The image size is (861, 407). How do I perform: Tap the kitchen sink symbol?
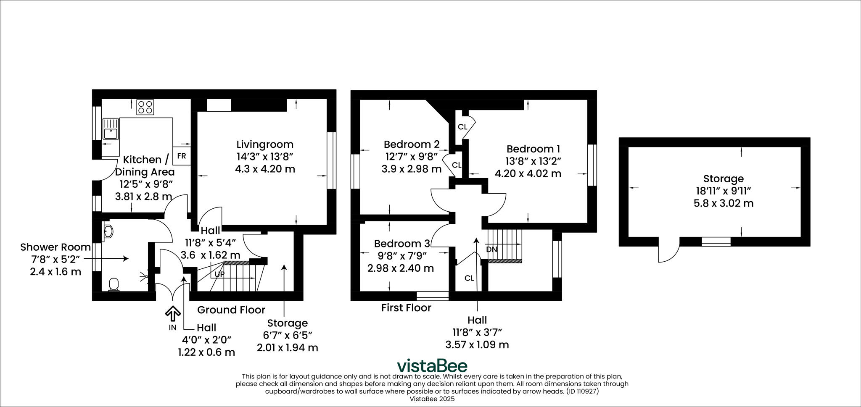pos(111,129)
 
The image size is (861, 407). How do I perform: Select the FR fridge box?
pos(181,156)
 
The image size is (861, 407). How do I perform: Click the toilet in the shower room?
pos(114,284)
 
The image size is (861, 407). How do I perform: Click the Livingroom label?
pos(265,144)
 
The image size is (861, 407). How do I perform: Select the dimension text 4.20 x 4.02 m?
pos(528,173)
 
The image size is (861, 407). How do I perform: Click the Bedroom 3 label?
pos(402,244)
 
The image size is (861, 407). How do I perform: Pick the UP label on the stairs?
pos(219,274)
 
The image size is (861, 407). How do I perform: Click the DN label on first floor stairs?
pos(491,249)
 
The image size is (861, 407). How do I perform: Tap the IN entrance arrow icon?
pos(173,313)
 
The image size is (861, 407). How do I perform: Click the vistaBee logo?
pos(432,365)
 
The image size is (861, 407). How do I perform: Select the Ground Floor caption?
pos(231,310)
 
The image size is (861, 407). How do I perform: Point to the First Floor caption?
pos(406,308)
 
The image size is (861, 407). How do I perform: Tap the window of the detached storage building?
pos(716,242)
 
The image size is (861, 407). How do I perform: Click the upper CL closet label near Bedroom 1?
pos(462,127)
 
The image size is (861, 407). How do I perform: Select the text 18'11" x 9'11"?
pos(723,191)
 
